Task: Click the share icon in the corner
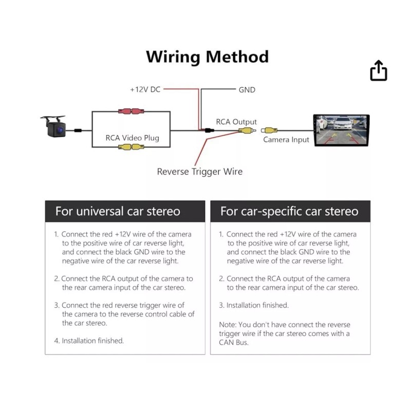[378, 71]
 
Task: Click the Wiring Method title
[207, 57]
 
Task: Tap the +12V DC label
[145, 89]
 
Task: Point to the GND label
[247, 89]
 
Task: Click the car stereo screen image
[342, 131]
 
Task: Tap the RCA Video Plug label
[132, 138]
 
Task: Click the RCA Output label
[236, 122]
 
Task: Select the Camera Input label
[286, 140]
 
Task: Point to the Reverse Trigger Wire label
[199, 172]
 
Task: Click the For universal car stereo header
[118, 211]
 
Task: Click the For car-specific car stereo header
[289, 211]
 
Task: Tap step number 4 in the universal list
[57, 341]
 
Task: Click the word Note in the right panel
[228, 325]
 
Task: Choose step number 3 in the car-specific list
[221, 305]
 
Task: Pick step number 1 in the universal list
[57, 234]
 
